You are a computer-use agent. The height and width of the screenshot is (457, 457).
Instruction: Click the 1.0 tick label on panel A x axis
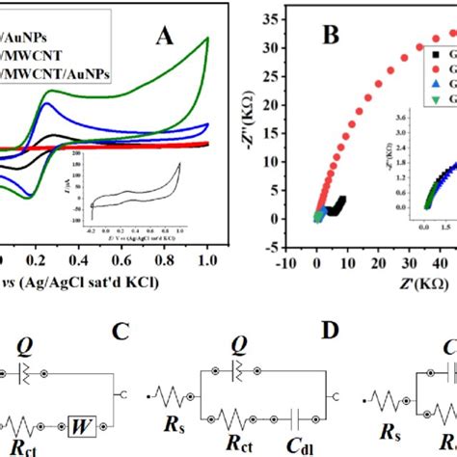click(x=206, y=258)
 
